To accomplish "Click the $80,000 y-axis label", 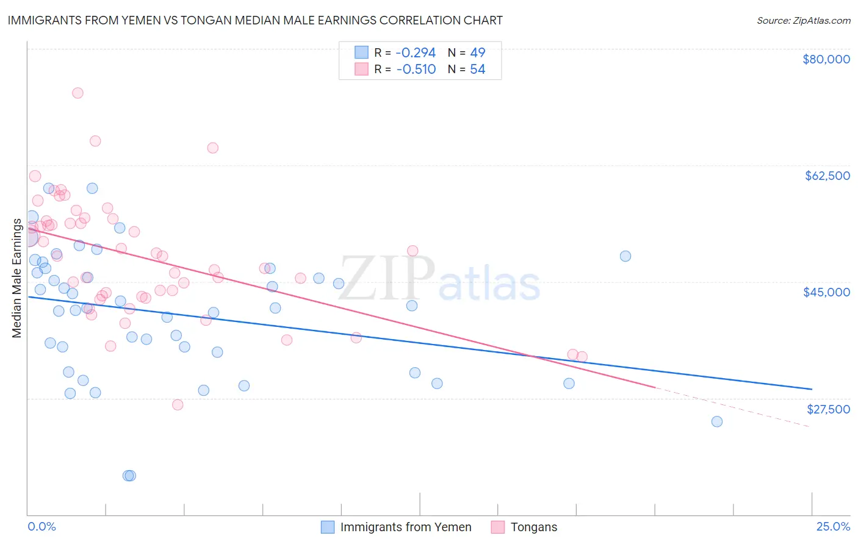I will (826, 59).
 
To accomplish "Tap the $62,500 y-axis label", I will (827, 176).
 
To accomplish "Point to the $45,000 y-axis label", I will (826, 292).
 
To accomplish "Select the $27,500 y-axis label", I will (828, 409).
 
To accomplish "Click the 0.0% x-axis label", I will (41, 526).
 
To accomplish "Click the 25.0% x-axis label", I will (833, 526).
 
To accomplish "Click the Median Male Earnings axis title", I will (17, 278).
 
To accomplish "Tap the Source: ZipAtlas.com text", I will (803, 21).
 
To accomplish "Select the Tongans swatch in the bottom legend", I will (498, 527).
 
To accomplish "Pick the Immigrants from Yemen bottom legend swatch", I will (328, 527).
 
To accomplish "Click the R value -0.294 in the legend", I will (416, 52).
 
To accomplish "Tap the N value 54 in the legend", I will (477, 70).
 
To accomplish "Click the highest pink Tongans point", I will (78, 93).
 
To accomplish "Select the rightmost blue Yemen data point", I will (717, 421).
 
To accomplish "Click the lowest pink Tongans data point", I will (178, 405).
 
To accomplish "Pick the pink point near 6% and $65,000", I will (212, 148).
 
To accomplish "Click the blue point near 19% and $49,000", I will (625, 256).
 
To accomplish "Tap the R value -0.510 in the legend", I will (416, 70).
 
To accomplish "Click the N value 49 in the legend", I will (477, 52).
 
